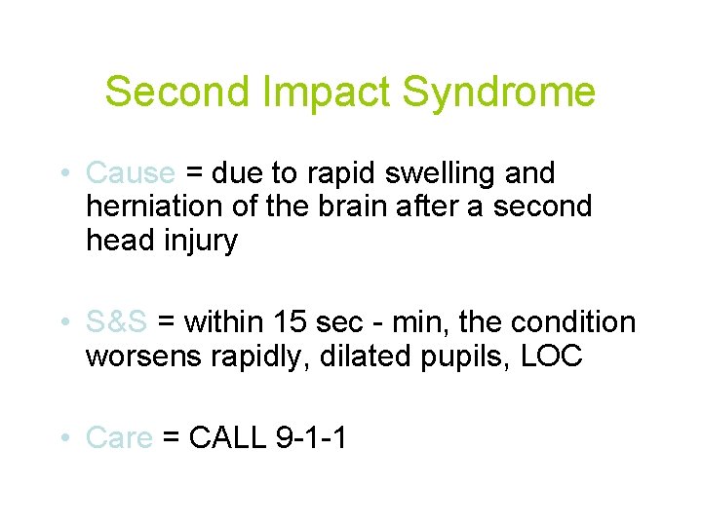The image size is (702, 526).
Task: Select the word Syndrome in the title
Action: [498, 92]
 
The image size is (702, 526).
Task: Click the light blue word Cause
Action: [131, 173]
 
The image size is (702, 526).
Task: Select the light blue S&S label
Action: [117, 321]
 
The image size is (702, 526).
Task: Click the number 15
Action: [292, 321]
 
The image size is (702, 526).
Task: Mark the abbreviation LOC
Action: [552, 356]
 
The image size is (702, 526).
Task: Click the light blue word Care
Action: [120, 438]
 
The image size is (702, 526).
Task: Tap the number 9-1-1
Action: [312, 438]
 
